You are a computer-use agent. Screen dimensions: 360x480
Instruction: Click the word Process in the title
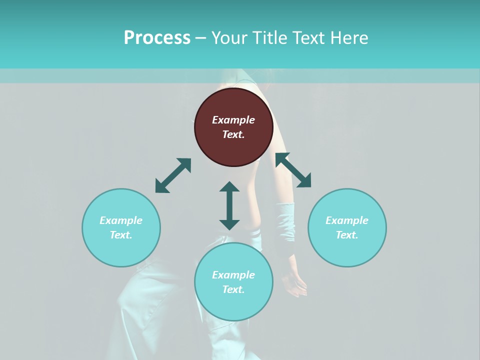pos(157,37)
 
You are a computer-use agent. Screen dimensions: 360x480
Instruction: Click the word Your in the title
pos(230,37)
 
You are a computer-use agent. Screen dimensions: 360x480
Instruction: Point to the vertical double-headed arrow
pos(229,205)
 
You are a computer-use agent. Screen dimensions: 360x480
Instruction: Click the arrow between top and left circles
pos(173,175)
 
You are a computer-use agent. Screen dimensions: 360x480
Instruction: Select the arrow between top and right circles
pos(293,170)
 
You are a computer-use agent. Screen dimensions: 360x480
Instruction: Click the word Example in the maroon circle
pos(233,120)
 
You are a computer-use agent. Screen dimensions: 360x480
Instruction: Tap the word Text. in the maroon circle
pos(233,134)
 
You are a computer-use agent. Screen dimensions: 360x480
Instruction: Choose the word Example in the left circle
pos(121,220)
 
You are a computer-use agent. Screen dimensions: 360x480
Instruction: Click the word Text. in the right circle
pos(347,235)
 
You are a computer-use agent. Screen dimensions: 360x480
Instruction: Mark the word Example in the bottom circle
pos(233,275)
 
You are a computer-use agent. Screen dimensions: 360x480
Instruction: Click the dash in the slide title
pos(201,37)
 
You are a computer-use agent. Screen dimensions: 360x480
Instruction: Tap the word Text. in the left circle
pos(121,235)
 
